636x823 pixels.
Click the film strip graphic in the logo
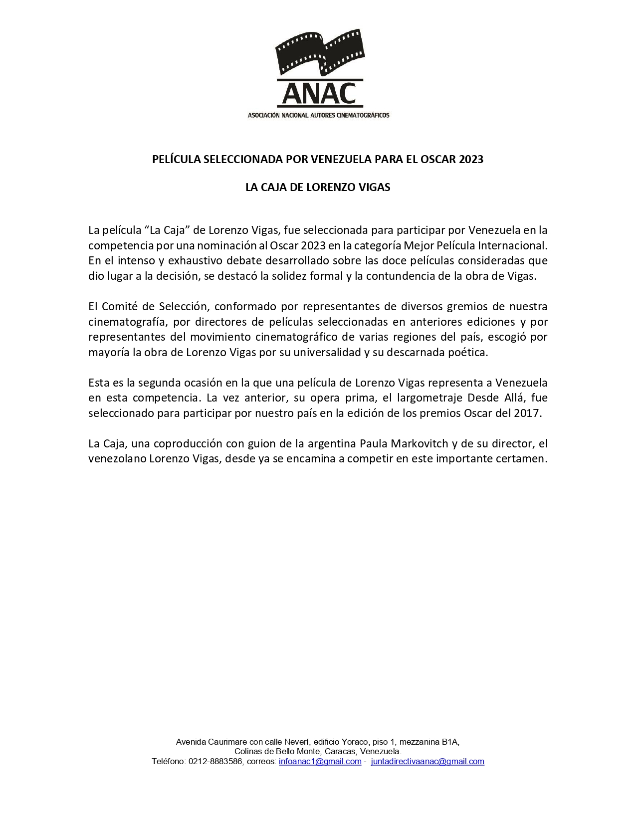point(319,52)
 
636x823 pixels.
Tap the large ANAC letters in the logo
point(319,94)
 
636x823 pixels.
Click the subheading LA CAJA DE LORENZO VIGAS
point(318,188)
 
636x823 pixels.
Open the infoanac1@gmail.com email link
point(320,762)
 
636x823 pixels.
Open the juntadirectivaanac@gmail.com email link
point(427,762)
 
